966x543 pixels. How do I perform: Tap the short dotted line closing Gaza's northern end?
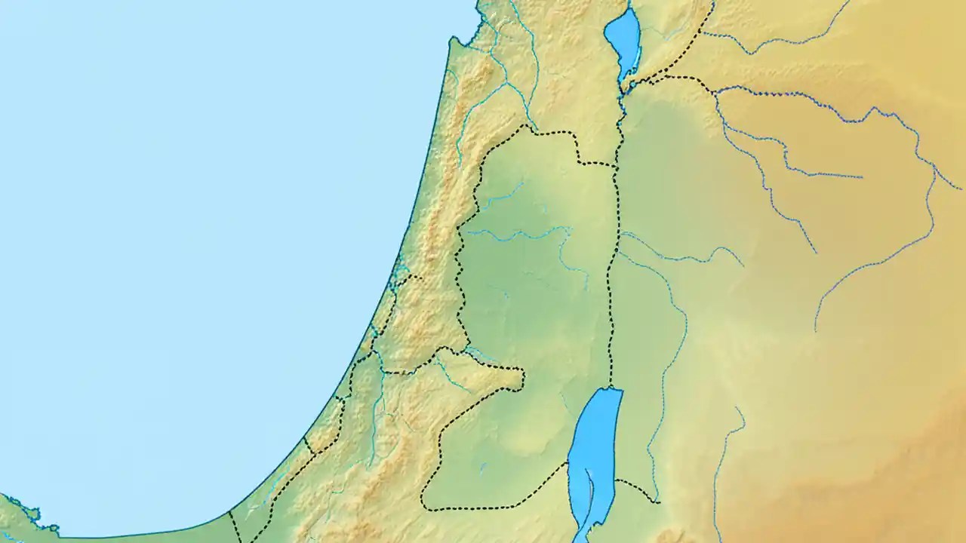click(309, 446)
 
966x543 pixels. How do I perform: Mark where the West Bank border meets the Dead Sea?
click(567, 462)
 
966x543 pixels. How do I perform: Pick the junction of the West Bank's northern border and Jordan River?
click(617, 164)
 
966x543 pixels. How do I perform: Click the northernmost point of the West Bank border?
click(526, 126)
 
